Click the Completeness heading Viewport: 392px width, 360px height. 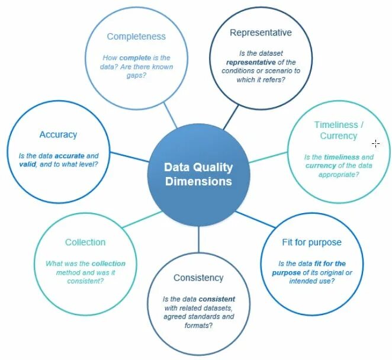tap(136, 37)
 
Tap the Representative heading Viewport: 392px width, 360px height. tap(261, 33)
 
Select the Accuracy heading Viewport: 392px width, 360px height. tap(58, 134)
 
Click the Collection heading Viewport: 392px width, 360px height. tap(85, 242)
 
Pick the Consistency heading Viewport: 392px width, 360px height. tap(198, 278)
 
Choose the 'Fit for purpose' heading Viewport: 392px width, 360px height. tap(312, 243)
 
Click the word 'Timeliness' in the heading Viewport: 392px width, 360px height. tap(336, 125)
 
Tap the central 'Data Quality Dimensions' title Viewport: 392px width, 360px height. tap(198, 174)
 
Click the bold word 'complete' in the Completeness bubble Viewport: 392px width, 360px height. tap(135, 58)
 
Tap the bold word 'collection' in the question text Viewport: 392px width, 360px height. tap(108, 263)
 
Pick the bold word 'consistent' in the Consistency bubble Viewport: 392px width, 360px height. tap(217, 299)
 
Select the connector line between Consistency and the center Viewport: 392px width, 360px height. tap(198, 237)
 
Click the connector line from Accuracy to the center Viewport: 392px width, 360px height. tap(130, 157)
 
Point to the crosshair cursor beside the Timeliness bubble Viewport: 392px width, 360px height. tap(375, 143)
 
